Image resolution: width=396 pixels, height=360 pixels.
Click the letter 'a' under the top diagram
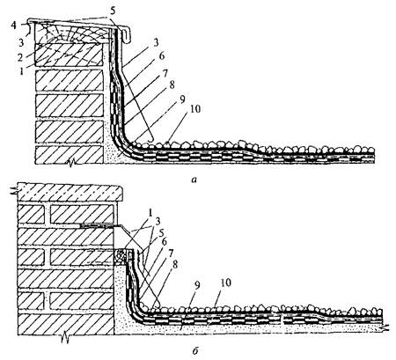point(194,180)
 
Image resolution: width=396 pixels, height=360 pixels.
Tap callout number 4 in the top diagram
point(14,26)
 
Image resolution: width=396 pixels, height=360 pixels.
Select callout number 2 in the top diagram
point(19,57)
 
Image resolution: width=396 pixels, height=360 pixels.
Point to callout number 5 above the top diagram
point(114,11)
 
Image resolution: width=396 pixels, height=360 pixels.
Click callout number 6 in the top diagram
point(162,55)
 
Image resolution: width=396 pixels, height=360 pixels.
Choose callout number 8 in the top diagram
point(172,85)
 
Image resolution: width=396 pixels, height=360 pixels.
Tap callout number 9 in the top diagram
point(182,99)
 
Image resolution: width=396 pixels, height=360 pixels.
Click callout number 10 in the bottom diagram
point(225,283)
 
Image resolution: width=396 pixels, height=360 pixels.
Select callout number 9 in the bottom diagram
point(197,286)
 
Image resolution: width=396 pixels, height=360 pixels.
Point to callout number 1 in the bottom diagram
point(150,213)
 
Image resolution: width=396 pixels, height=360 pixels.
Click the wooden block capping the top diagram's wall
point(70,33)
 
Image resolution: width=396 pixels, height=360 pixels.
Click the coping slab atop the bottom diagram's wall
point(70,192)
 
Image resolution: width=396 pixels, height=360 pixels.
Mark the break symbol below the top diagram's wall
point(70,162)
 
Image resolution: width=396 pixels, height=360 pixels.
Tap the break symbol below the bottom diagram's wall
point(65,338)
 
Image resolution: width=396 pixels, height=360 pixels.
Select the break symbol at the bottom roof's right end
point(385,327)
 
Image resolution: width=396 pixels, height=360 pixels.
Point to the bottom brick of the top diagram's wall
point(70,155)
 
